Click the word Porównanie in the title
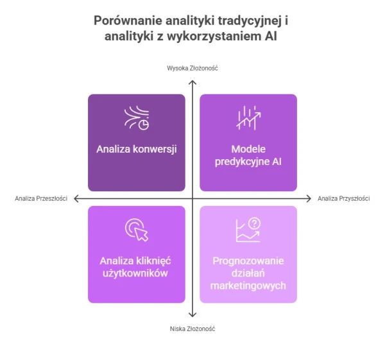click(128, 21)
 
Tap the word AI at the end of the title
click(271, 36)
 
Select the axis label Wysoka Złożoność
click(193, 68)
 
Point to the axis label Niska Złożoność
click(193, 329)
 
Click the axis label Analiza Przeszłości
click(41, 198)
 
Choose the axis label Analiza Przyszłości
click(343, 198)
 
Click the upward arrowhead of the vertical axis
click(193, 82)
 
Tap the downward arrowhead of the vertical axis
click(193, 314)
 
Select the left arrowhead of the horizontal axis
click(76, 198)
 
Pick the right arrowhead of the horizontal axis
click(309, 198)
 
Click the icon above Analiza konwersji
click(137, 118)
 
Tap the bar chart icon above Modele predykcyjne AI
click(248, 118)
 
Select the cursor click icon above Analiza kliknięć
click(137, 230)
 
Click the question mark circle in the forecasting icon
click(254, 223)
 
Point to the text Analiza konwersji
click(137, 149)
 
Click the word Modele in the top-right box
click(248, 149)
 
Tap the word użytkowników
click(135, 273)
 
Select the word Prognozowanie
click(248, 261)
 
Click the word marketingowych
click(248, 286)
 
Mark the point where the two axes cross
click(193, 198)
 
